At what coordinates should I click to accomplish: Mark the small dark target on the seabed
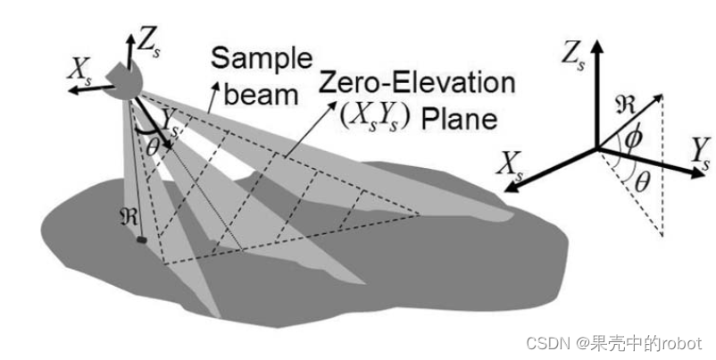(140, 239)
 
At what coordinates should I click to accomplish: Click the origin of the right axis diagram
(596, 148)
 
